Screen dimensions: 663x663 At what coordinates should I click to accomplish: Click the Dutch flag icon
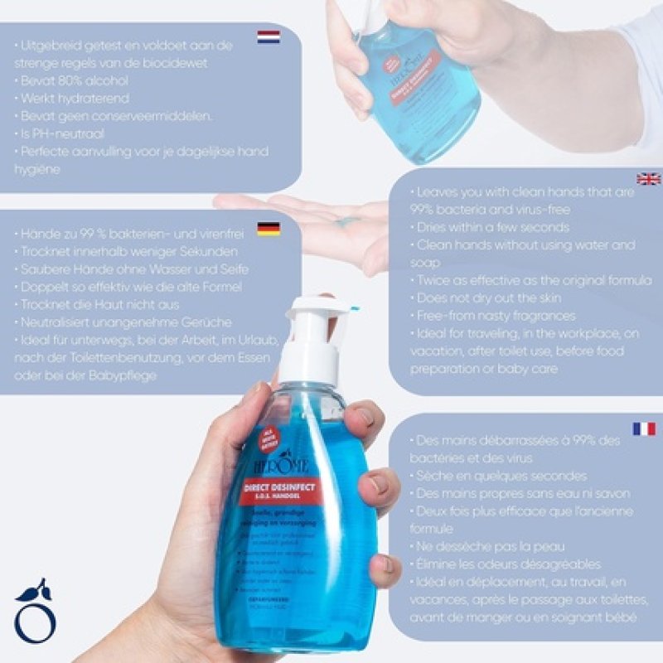click(269, 36)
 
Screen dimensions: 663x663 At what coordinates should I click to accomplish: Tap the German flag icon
click(269, 230)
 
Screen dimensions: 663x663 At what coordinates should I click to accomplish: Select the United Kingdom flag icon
click(648, 179)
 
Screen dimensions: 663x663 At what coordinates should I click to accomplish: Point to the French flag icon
click(644, 428)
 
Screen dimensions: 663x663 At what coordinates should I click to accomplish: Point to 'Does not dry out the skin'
click(489, 298)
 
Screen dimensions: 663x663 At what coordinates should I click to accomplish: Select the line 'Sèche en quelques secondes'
click(498, 476)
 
